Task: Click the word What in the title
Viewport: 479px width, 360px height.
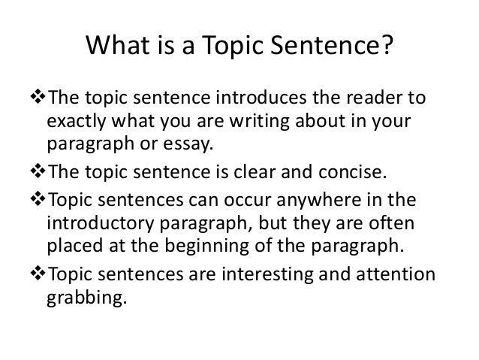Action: pyautogui.click(x=118, y=45)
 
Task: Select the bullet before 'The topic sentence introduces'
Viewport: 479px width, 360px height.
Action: pyautogui.click(x=38, y=97)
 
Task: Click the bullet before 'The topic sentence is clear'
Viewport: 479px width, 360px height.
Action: pyautogui.click(x=38, y=171)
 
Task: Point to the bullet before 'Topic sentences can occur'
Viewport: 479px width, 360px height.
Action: pyautogui.click(x=38, y=199)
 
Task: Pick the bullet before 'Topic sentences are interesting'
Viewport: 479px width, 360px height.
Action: pyautogui.click(x=38, y=274)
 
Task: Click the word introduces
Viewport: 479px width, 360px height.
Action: pyautogui.click(x=261, y=98)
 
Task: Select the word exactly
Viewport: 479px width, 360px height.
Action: pyautogui.click(x=76, y=122)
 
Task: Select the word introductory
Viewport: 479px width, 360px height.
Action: pyautogui.click(x=100, y=223)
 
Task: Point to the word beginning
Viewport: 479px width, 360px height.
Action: pyautogui.click(x=206, y=247)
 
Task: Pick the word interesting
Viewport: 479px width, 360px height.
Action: pyautogui.click(x=267, y=275)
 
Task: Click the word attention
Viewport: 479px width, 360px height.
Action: pyautogui.click(x=396, y=274)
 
